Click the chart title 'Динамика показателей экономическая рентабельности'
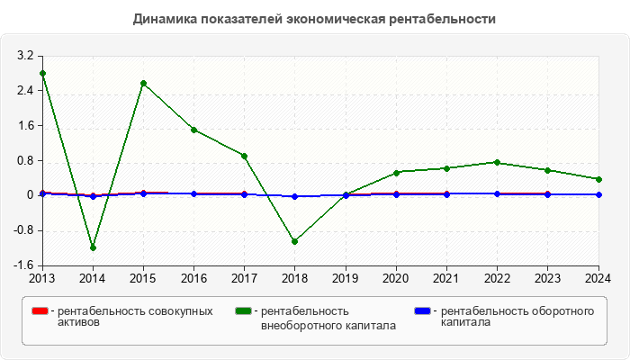[x=314, y=19]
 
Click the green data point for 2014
[x=93, y=247]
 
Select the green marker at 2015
[x=143, y=83]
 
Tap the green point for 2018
[x=295, y=241]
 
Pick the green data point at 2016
[x=193, y=130]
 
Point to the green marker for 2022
[x=498, y=162]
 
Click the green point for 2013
[x=42, y=73]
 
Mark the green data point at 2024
[x=598, y=179]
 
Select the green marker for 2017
[x=245, y=156]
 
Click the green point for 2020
[x=396, y=172]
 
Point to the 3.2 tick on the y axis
[x=24, y=56]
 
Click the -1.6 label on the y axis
[x=22, y=265]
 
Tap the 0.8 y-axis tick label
[x=24, y=161]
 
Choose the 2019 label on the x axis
[x=346, y=278]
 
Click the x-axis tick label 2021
[x=447, y=278]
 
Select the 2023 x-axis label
[x=548, y=278]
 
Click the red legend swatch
[x=40, y=311]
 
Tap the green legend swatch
[x=243, y=311]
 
